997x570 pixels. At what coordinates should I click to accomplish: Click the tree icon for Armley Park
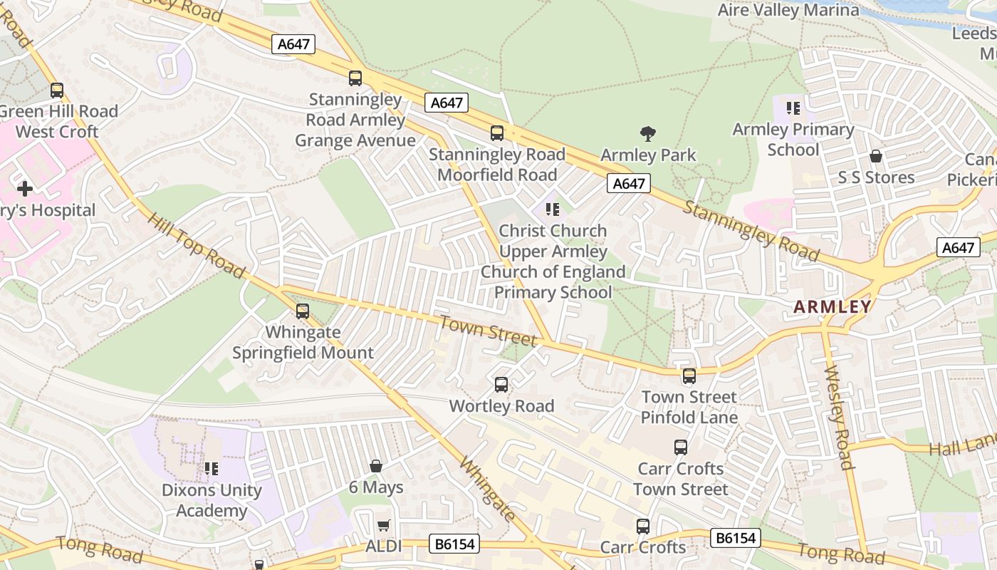pos(647,133)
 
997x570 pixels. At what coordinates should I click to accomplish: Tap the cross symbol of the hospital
pos(25,189)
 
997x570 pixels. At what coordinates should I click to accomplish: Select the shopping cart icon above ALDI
pos(383,526)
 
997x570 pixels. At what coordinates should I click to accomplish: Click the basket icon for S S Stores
pos(876,156)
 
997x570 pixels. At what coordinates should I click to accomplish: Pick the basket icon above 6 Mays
pos(376,467)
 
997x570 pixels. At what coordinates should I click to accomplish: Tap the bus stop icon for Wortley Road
pos(501,385)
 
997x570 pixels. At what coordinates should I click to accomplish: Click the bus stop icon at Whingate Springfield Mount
pos(303,311)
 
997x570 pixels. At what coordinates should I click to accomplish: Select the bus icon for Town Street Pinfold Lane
pos(689,375)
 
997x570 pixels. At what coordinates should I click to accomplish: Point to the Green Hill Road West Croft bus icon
pos(57,90)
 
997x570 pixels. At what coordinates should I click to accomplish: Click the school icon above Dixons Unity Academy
pos(212,469)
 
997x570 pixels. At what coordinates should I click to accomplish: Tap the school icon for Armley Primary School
pos(793,108)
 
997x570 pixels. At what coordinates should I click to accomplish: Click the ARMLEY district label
pos(832,307)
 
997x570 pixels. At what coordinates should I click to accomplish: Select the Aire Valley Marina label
pos(788,10)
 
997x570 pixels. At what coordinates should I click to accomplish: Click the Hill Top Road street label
pos(197,245)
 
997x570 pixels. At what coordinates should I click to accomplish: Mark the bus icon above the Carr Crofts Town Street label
pos(681,447)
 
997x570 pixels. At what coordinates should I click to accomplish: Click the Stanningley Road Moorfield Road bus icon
pos(497,133)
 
